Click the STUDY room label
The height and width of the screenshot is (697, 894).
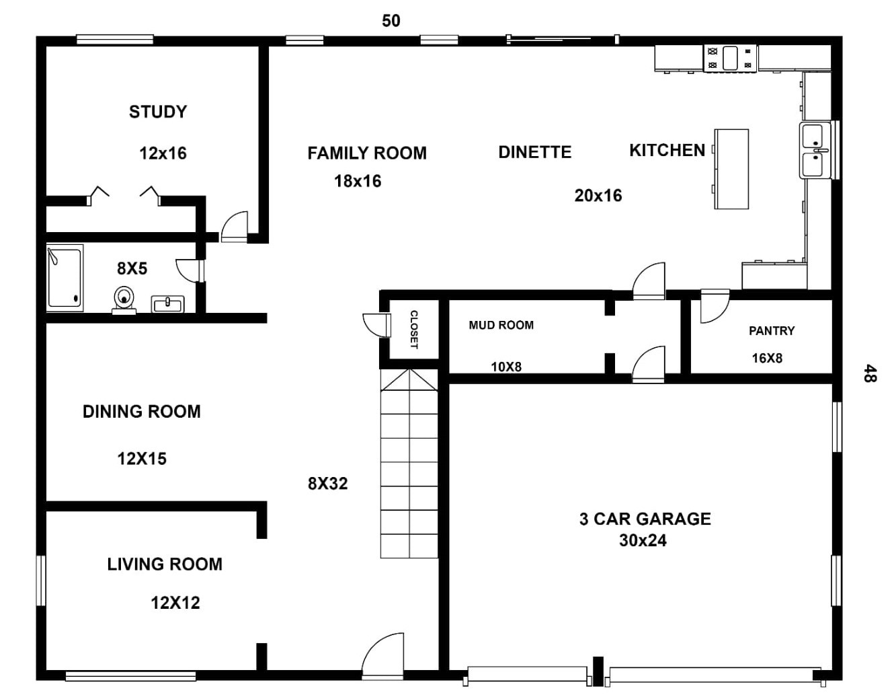click(x=158, y=112)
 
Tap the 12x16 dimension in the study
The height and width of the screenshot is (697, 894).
click(x=163, y=153)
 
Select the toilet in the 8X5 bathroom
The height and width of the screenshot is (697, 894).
click(x=124, y=299)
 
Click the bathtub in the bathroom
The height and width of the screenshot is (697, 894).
click(x=65, y=278)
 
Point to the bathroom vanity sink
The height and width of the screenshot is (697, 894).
click(x=167, y=305)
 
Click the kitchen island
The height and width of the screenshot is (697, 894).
click(x=731, y=169)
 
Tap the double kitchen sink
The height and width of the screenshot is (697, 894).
click(x=815, y=151)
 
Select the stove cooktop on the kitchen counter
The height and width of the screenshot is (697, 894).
click(x=730, y=58)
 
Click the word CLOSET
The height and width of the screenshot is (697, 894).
click(x=414, y=330)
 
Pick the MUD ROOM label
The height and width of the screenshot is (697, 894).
click(x=501, y=326)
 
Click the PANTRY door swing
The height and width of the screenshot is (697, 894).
click(x=713, y=306)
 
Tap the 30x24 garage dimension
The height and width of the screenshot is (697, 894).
click(x=643, y=541)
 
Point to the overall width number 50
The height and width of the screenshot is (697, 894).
click(x=391, y=21)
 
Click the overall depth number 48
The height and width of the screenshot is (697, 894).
click(x=869, y=373)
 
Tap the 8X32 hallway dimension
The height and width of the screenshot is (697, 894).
click(x=328, y=484)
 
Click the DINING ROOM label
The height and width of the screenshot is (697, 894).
click(x=142, y=412)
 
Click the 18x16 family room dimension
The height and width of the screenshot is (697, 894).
click(x=358, y=181)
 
